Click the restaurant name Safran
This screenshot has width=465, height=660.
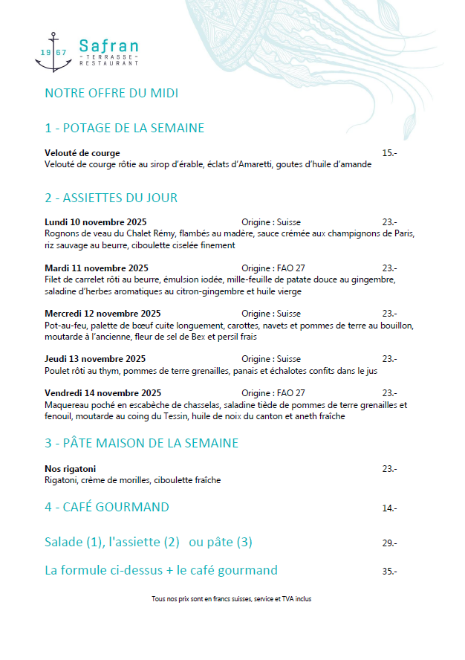(108, 46)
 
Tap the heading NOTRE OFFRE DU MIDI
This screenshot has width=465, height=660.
(111, 93)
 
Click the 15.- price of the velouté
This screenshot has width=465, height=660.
(389, 153)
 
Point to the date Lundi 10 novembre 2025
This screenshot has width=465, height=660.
(95, 222)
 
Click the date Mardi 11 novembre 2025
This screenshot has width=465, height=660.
(96, 268)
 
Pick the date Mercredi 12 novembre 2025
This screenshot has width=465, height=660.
(103, 314)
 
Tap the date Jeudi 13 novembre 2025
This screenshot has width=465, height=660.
(94, 359)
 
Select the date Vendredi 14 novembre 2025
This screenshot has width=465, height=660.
(103, 393)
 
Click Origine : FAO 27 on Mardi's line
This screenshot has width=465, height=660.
(273, 268)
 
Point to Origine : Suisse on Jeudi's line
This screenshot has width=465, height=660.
(271, 359)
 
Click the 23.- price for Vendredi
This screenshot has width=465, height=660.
(389, 393)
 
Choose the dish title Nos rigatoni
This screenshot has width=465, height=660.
(71, 469)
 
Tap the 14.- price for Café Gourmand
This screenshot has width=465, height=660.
(389, 508)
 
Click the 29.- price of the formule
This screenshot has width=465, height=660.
(389, 543)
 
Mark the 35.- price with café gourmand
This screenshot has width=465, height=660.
(389, 572)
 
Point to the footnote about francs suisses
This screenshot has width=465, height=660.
(231, 598)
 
